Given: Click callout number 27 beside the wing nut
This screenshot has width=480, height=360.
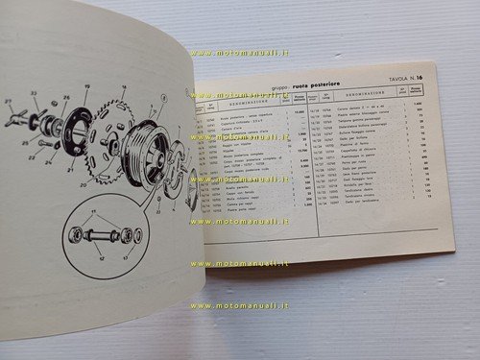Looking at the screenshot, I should (x=9, y=100).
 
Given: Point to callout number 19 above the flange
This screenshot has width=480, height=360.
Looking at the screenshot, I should (x=86, y=86).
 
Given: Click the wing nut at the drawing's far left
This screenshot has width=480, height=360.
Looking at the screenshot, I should (x=17, y=118).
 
